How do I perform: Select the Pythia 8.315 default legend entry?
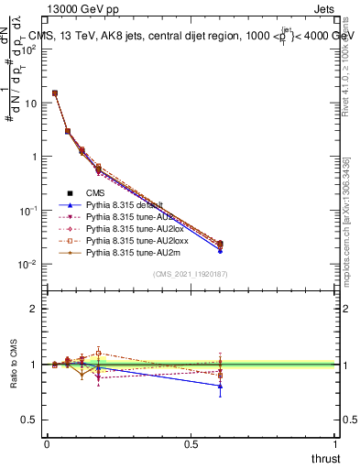pyautogui.click(x=124, y=204)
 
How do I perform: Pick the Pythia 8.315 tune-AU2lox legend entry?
pyautogui.click(x=129, y=228)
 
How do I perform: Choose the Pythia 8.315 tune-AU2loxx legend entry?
pyautogui.click(x=131, y=240)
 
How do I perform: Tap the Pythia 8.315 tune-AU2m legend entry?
pyautogui.click(x=127, y=252)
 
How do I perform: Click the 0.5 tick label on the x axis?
pyautogui.click(x=191, y=443)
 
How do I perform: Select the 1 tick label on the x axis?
pyautogui.click(x=335, y=443)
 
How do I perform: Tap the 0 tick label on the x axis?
pyautogui.click(x=47, y=443)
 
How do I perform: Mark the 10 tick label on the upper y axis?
pyautogui.click(x=29, y=103)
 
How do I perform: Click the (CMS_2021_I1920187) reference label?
pyautogui.click(x=191, y=274)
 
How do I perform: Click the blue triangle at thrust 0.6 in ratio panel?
pyautogui.click(x=220, y=386)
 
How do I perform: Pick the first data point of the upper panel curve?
pyautogui.click(x=55, y=93)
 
